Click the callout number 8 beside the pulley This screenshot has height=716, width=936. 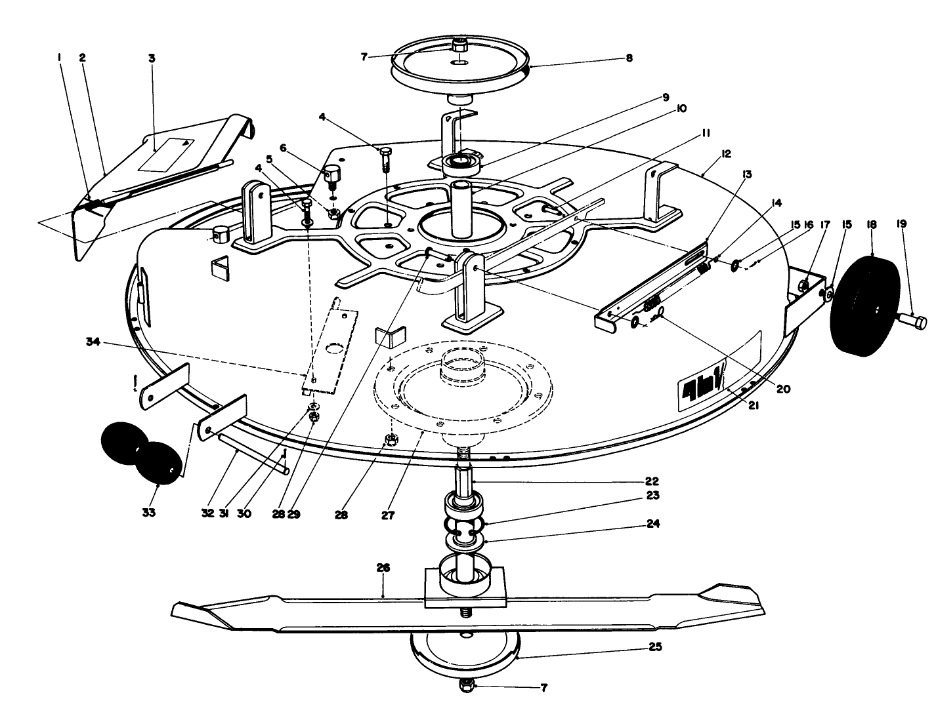tap(629, 58)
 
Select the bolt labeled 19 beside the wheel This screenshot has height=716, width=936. tap(912, 322)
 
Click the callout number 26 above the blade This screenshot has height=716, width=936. tap(383, 568)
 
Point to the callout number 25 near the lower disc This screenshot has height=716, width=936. tap(654, 647)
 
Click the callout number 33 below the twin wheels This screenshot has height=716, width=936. tap(149, 513)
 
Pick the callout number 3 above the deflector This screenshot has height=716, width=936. tap(152, 58)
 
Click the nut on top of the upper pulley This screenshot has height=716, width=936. tap(460, 47)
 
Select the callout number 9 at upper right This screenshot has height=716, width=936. tap(665, 97)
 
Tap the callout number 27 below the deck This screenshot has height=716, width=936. tap(388, 515)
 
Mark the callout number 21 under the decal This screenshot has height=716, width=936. tap(754, 406)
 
